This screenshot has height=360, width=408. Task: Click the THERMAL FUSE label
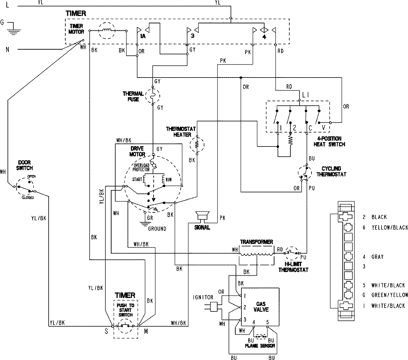(x=133, y=97)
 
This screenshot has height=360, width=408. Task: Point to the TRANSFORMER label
(x=256, y=242)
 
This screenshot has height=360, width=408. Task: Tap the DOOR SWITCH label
(x=24, y=165)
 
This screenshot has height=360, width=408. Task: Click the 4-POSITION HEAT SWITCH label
(x=329, y=141)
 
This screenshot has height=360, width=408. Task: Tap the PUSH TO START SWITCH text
(x=125, y=310)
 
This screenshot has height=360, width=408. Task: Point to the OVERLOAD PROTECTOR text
(x=140, y=167)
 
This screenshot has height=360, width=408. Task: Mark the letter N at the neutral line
(x=7, y=50)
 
